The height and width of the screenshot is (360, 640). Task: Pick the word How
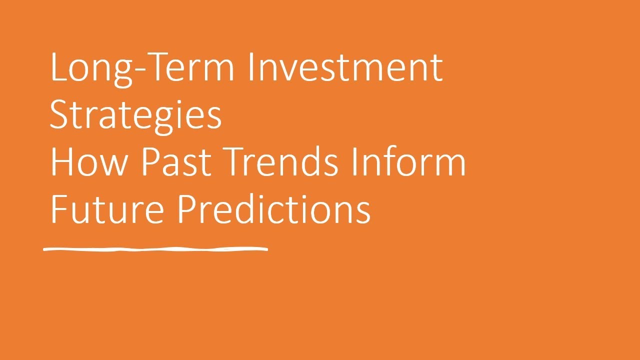90,163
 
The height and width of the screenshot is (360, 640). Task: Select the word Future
107,210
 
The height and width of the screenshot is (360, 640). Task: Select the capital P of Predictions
187,210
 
